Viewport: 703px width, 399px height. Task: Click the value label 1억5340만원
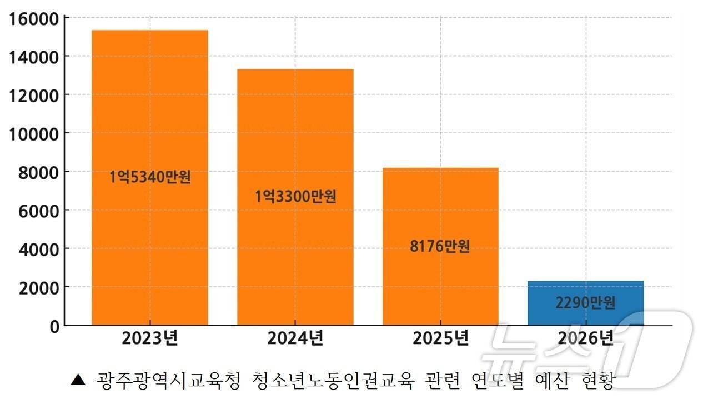[x=150, y=178]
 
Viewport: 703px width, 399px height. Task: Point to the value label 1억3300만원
[x=295, y=197]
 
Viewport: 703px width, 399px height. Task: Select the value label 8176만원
[x=440, y=246]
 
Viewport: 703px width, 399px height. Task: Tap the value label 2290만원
[x=586, y=303]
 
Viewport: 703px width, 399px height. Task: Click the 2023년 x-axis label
[x=150, y=338]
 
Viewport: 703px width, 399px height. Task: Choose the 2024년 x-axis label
[x=295, y=338]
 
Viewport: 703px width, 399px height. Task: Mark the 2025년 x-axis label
[x=440, y=338]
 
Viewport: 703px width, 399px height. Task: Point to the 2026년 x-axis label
[x=586, y=338]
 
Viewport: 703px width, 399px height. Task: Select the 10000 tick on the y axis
[x=34, y=134]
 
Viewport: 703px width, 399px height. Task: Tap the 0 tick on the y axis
[x=54, y=327]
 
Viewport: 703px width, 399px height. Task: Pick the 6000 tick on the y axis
[x=39, y=211]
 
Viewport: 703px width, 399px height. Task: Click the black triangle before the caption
[x=78, y=381]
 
